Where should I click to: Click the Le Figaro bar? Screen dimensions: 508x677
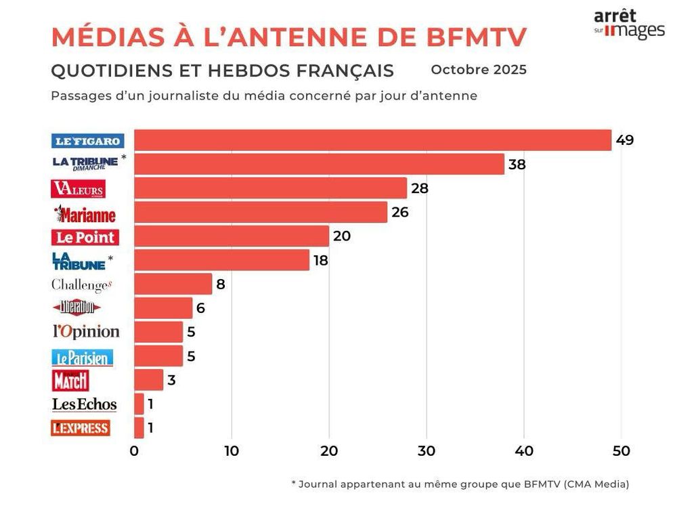click(372, 140)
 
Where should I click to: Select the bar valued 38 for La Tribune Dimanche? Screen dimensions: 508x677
click(319, 164)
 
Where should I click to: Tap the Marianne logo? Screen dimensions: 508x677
click(85, 214)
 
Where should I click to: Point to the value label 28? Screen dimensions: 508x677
click(420, 188)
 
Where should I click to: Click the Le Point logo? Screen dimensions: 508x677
click(85, 237)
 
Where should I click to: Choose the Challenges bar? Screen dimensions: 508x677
click(173, 284)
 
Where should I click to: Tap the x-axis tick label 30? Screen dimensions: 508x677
click(427, 451)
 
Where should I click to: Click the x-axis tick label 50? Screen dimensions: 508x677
click(621, 451)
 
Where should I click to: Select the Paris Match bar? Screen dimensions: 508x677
click(148, 380)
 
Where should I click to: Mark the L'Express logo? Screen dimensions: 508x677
click(81, 428)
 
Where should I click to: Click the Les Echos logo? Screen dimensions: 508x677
click(85, 404)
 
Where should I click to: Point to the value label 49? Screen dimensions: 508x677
click(624, 141)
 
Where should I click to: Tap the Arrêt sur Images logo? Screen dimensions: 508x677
click(629, 24)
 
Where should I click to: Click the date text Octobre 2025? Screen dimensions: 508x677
click(478, 70)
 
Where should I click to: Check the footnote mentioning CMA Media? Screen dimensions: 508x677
click(460, 484)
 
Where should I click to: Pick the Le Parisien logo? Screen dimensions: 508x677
click(83, 357)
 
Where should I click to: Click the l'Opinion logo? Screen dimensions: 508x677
click(86, 332)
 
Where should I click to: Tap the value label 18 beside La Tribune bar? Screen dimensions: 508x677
click(320, 260)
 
